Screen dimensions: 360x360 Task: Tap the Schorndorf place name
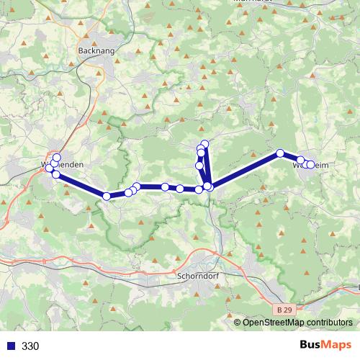(197, 274)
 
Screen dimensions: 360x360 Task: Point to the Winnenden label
(63, 165)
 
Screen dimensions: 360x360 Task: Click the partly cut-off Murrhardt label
(253, 2)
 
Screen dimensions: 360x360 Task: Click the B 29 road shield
(284, 309)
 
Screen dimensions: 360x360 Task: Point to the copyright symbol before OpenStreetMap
(238, 323)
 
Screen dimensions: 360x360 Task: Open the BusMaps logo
(330, 346)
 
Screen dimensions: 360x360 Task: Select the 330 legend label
(30, 346)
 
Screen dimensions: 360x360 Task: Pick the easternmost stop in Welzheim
(312, 165)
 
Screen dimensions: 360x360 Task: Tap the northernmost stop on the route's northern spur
(204, 144)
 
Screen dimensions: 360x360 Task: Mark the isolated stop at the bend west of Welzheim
(280, 153)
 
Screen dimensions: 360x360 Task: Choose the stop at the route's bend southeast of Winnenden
(107, 196)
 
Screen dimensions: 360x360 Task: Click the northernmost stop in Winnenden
(57, 158)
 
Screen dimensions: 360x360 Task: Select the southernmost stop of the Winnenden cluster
(55, 174)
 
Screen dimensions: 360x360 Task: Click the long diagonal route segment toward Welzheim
(245, 170)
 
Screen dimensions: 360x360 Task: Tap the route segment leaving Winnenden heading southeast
(81, 185)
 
